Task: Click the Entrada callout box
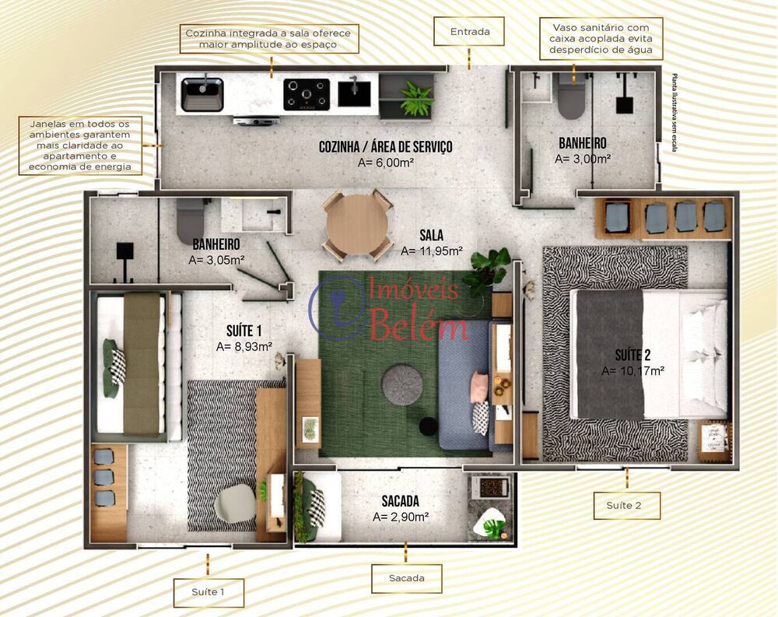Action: tap(470, 32)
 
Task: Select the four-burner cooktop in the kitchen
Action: tap(306, 94)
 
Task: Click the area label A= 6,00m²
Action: tap(385, 163)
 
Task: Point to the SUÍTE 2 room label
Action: tap(633, 355)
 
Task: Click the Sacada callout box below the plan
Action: tap(405, 578)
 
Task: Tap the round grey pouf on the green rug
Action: tap(402, 384)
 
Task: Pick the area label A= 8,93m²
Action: tap(244, 346)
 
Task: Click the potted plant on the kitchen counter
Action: tap(416, 99)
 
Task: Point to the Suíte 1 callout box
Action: tap(208, 592)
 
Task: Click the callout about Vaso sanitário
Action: tap(601, 39)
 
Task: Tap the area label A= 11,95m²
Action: tap(432, 251)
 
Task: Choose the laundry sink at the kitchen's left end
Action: tap(202, 94)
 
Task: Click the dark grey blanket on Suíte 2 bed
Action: tap(610, 354)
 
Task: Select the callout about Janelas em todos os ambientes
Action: tap(80, 145)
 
